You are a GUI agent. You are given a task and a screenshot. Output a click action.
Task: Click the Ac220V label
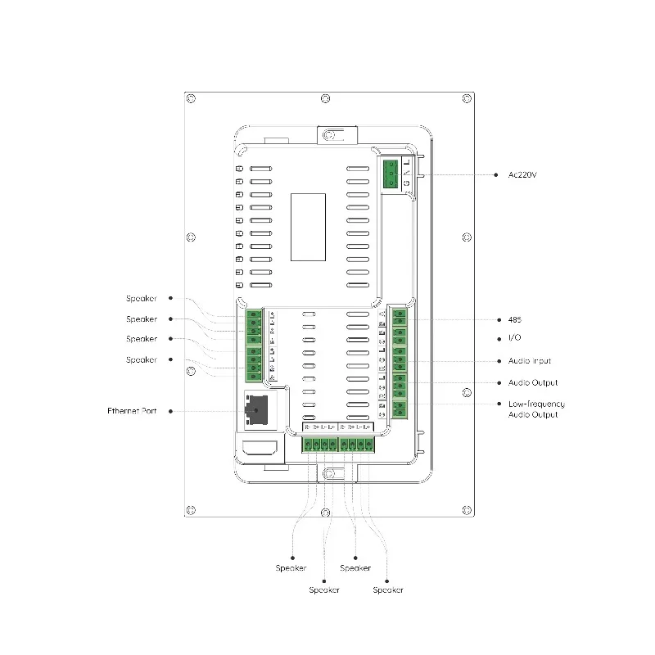(522, 174)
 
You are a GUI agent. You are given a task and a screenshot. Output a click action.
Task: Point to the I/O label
(514, 339)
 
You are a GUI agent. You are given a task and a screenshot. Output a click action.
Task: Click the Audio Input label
(528, 361)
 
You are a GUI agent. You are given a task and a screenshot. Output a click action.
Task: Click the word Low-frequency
(536, 404)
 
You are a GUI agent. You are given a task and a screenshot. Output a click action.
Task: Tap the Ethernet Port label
(132, 411)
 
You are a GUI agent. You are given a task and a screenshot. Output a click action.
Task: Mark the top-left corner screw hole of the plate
(191, 98)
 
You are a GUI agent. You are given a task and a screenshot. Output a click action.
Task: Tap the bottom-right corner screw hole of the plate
(468, 511)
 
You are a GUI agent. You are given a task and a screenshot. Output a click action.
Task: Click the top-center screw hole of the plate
(326, 98)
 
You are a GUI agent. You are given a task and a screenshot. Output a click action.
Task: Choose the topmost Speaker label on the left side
(141, 299)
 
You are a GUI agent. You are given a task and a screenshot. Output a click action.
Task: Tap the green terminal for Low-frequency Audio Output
(400, 409)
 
